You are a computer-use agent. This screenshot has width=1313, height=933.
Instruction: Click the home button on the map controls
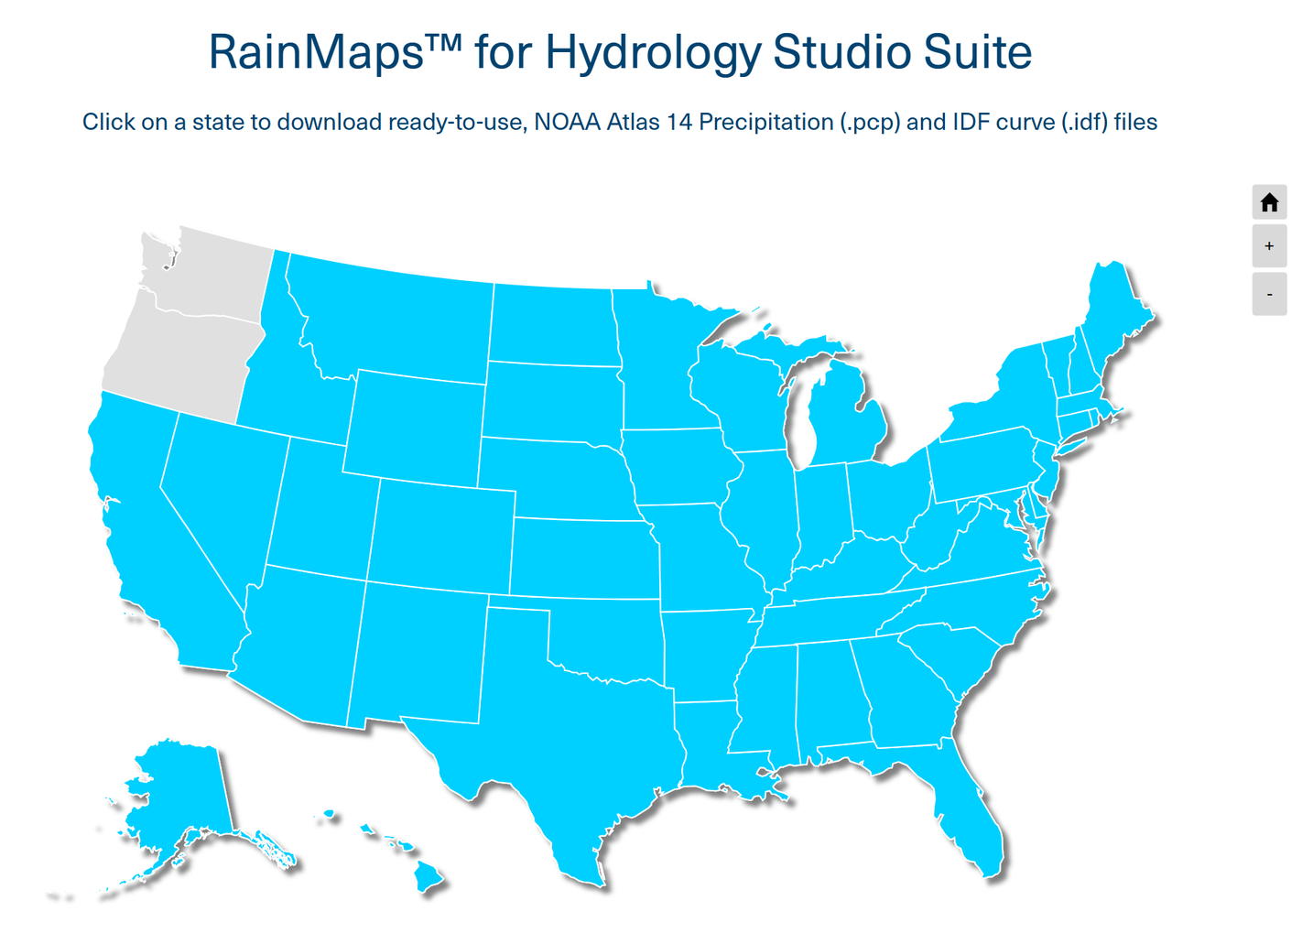(1268, 202)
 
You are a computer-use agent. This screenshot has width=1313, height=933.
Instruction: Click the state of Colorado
(444, 536)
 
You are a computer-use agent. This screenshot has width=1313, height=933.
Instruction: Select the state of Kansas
(584, 559)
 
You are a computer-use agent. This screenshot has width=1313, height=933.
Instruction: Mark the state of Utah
(320, 513)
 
